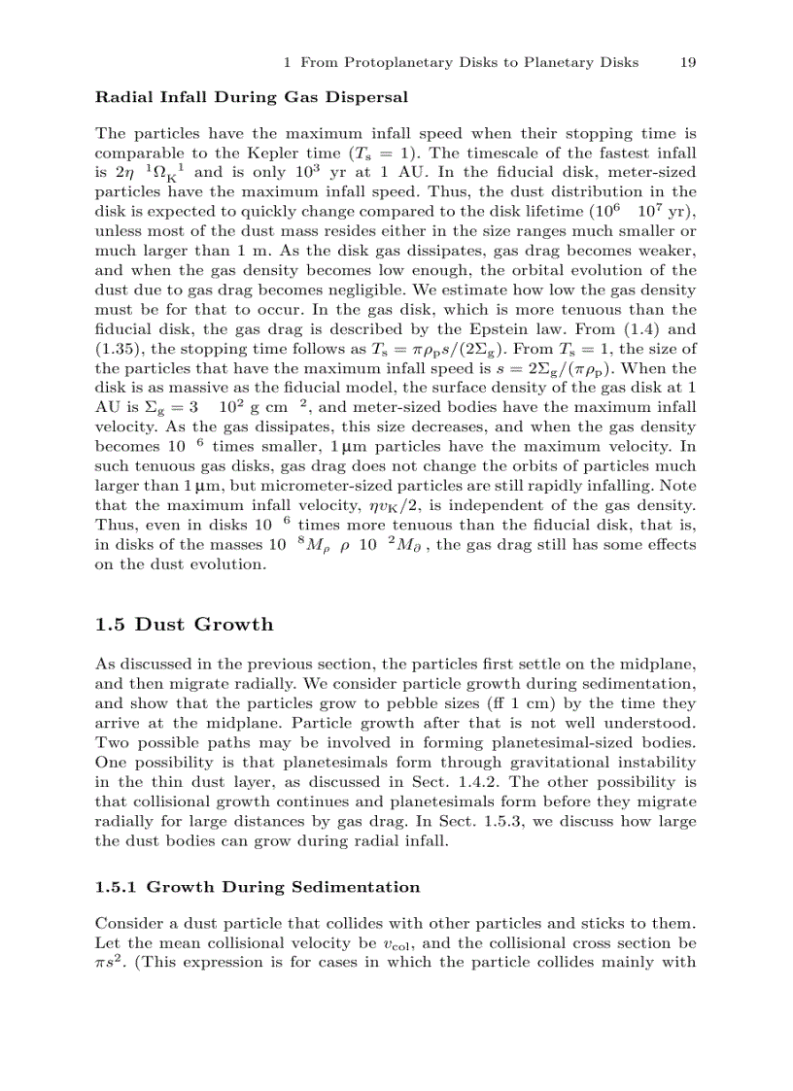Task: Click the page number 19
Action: [687, 62]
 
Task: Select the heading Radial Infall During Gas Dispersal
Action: [251, 97]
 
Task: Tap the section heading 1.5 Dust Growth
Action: [185, 624]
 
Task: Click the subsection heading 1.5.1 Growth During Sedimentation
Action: [258, 887]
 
